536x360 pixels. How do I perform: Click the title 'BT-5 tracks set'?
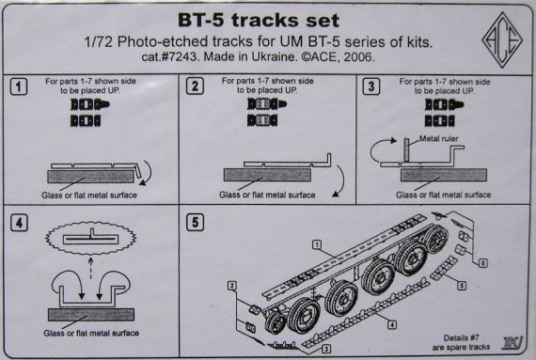251,21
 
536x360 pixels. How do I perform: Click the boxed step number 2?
194,88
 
